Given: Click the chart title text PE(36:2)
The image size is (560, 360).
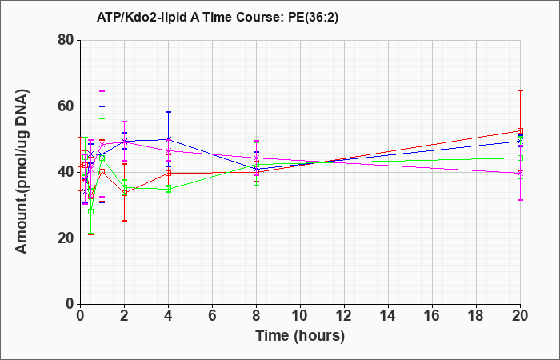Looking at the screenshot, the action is tap(313, 18).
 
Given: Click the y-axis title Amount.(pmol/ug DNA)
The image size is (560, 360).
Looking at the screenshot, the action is tap(22, 171).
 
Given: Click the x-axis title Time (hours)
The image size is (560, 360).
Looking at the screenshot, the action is tap(300, 336).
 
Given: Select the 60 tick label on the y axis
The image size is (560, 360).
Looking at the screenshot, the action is tap(66, 106).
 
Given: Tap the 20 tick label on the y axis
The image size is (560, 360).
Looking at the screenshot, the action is tap(66, 238).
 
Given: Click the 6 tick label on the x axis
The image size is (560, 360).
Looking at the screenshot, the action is tap(212, 316).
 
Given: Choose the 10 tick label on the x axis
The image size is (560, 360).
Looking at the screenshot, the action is tap(300, 316).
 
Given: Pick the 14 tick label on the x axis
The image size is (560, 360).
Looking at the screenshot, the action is tap(388, 316).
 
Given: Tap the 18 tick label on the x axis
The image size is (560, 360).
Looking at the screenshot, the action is tap(476, 316).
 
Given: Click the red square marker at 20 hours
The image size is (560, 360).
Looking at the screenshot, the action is tap(520, 130).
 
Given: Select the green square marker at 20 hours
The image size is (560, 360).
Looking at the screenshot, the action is tap(520, 158).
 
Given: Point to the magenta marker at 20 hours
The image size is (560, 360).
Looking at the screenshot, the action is tap(520, 174).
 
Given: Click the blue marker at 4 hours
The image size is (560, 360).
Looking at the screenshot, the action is tap(168, 139).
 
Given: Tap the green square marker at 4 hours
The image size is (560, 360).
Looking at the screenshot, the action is tap(168, 189).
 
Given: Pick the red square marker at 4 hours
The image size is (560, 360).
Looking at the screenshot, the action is tap(168, 174).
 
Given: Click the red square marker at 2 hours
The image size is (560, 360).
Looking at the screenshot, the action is tap(124, 193).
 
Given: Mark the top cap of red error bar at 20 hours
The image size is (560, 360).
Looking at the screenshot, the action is tap(520, 90).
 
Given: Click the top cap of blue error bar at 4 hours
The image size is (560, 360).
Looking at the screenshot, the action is tap(168, 112).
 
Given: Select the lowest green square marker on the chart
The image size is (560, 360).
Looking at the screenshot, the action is tap(90, 211).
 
